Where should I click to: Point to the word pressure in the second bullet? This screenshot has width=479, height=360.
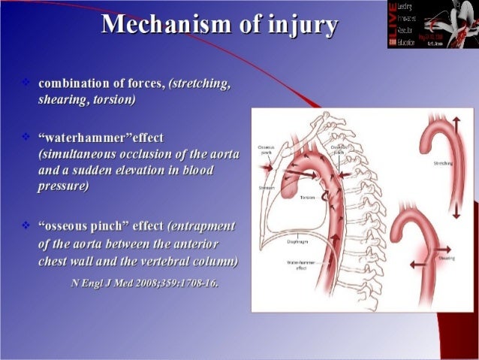pyautogui.click(x=63, y=186)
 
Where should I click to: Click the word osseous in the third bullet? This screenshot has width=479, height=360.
pyautogui.click(x=68, y=226)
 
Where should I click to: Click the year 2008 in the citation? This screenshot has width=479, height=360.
pyautogui.click(x=148, y=283)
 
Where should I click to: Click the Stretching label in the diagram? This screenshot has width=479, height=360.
pyautogui.click(x=443, y=163)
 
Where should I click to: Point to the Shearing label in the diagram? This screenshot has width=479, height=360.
pyautogui.click(x=447, y=258)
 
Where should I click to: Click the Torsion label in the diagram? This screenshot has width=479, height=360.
pyautogui.click(x=307, y=197)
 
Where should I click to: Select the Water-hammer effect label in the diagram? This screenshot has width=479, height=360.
pyautogui.click(x=300, y=265)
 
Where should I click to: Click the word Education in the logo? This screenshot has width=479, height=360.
pyautogui.click(x=414, y=44)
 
